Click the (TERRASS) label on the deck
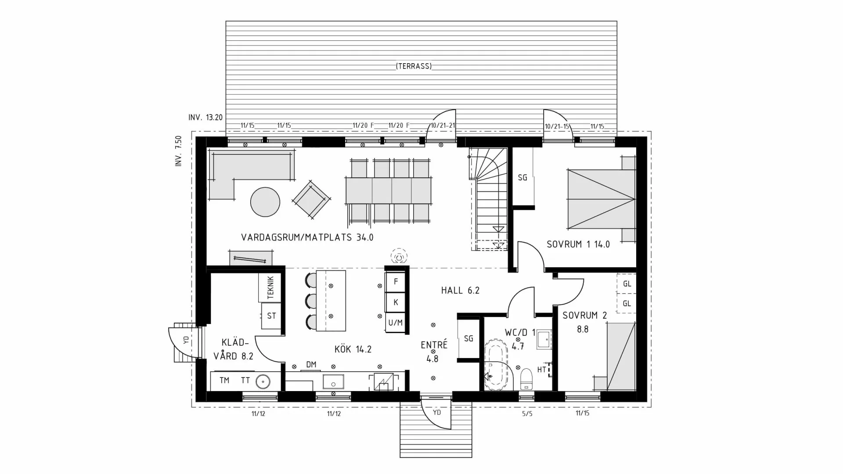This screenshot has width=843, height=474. point(414,66)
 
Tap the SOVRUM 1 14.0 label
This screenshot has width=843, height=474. point(578,244)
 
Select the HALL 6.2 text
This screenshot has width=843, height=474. point(460,290)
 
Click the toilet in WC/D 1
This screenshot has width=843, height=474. point(526,379)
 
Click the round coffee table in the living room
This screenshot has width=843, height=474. point(265,202)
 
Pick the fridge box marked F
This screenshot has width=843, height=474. point(396,282)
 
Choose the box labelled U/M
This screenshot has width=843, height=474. point(395,323)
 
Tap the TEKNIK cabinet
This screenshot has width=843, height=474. point(270,287)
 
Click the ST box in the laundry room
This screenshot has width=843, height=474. point(271,316)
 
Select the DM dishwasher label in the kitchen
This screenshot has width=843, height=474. point(311,364)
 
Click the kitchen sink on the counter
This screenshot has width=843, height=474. point(333,381)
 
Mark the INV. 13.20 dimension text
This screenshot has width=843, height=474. point(205,118)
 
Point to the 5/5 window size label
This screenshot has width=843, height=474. point(527,413)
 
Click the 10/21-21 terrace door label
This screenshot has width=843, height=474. point(442,126)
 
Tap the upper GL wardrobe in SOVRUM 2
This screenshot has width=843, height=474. point(627,284)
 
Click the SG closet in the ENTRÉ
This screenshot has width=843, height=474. point(468,338)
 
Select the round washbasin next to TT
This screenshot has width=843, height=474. point(263,381)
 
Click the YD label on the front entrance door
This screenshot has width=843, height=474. point(436,413)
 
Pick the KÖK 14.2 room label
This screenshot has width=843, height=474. point(353,349)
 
